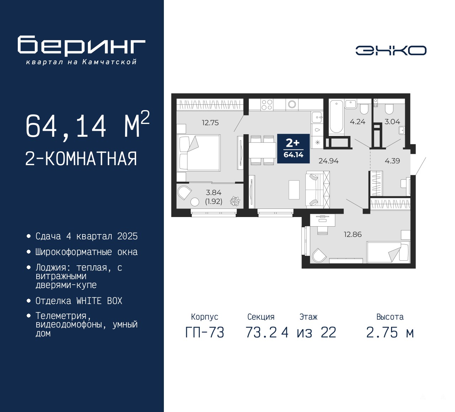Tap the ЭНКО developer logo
[x=391, y=50]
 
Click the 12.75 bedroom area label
[x=210, y=123]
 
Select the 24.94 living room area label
[x=328, y=161]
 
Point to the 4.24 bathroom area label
[x=358, y=122]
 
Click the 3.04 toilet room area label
[x=392, y=122]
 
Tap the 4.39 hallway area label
[x=392, y=161]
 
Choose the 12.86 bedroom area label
[x=353, y=234]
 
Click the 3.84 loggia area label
[x=213, y=193]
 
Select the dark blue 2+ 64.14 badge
[x=294, y=148]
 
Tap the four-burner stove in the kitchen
[x=267, y=105]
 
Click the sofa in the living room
[x=317, y=190]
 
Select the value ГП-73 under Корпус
[x=205, y=332]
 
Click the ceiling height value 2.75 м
[x=390, y=332]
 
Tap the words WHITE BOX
[x=99, y=301]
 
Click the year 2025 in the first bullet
[x=128, y=237]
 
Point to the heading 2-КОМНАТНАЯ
[x=81, y=159]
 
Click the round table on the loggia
[x=194, y=202]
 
